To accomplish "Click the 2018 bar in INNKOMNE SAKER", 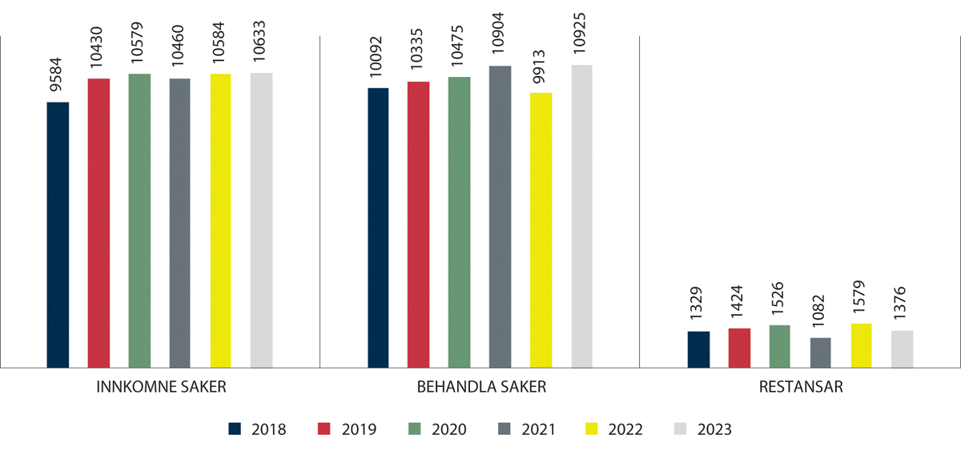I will tap(58, 235).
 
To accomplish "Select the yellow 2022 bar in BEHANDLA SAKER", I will tap(541, 230).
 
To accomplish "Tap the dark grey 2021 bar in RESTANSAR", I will tap(820, 352).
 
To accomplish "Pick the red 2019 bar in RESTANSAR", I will tap(739, 348).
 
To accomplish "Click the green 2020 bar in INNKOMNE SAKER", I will tap(139, 220).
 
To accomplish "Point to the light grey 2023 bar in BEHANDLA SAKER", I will tap(581, 216).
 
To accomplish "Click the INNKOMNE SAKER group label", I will tap(161, 387).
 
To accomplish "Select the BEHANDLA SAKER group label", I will tap(481, 387).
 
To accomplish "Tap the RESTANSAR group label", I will tap(801, 387).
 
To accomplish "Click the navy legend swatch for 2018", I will tap(235, 429).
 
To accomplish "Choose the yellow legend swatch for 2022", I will tap(591, 429).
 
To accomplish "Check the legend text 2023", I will tap(714, 429).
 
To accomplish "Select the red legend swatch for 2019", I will tap(324, 429).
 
